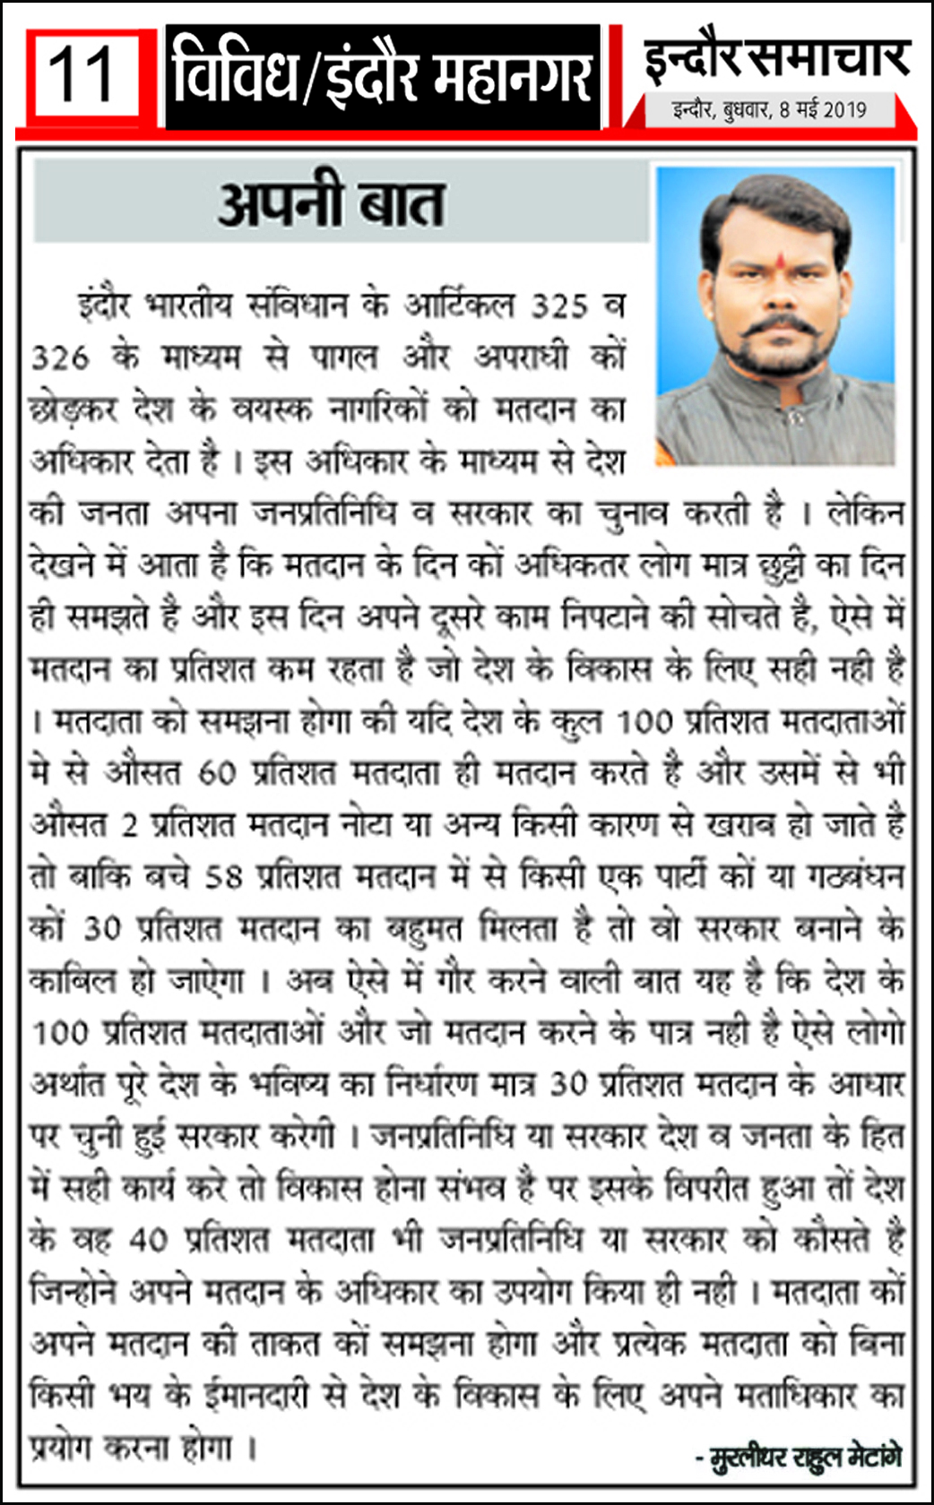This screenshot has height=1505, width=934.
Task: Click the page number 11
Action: click(82, 76)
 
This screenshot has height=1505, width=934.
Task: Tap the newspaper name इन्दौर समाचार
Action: click(776, 59)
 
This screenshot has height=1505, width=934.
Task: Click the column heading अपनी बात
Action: click(331, 203)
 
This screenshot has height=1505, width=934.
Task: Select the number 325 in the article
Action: click(560, 306)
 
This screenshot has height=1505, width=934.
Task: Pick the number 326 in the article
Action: click(61, 358)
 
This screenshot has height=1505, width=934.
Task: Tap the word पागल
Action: click(344, 357)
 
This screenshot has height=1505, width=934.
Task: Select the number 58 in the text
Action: click(224, 877)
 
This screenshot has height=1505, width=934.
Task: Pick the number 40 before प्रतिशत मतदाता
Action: click(148, 1240)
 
